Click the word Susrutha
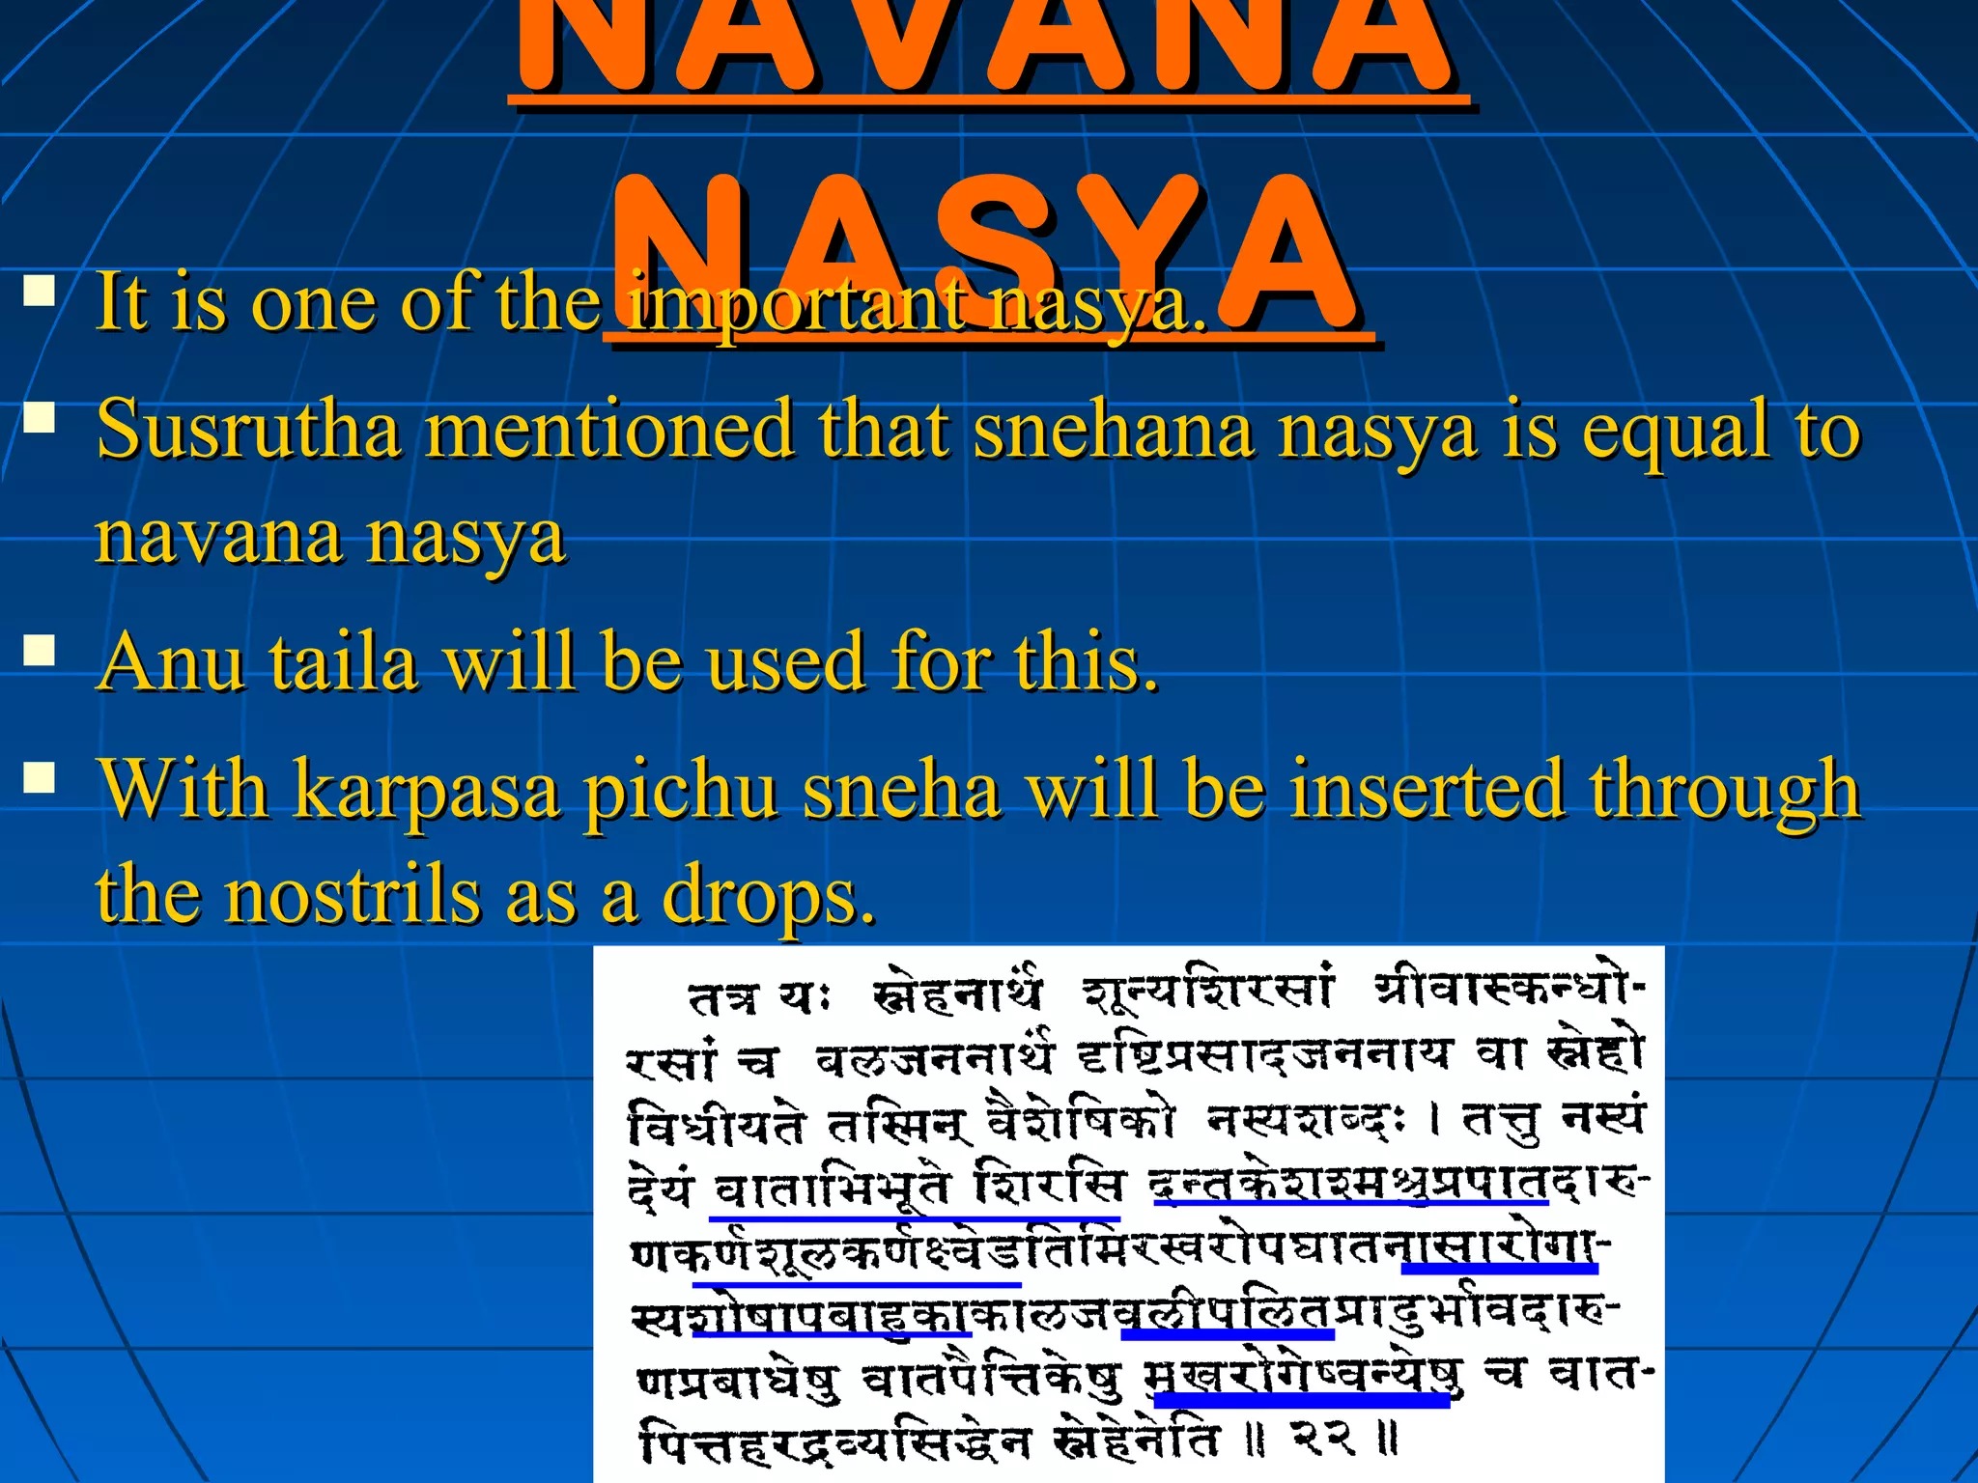click(x=248, y=430)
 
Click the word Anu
click(x=171, y=662)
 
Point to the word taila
click(x=343, y=662)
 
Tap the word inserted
click(x=1427, y=790)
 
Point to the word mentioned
click(x=609, y=430)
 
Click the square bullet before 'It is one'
click(x=40, y=291)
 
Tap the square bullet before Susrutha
click(x=40, y=417)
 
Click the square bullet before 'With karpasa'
click(x=40, y=777)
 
